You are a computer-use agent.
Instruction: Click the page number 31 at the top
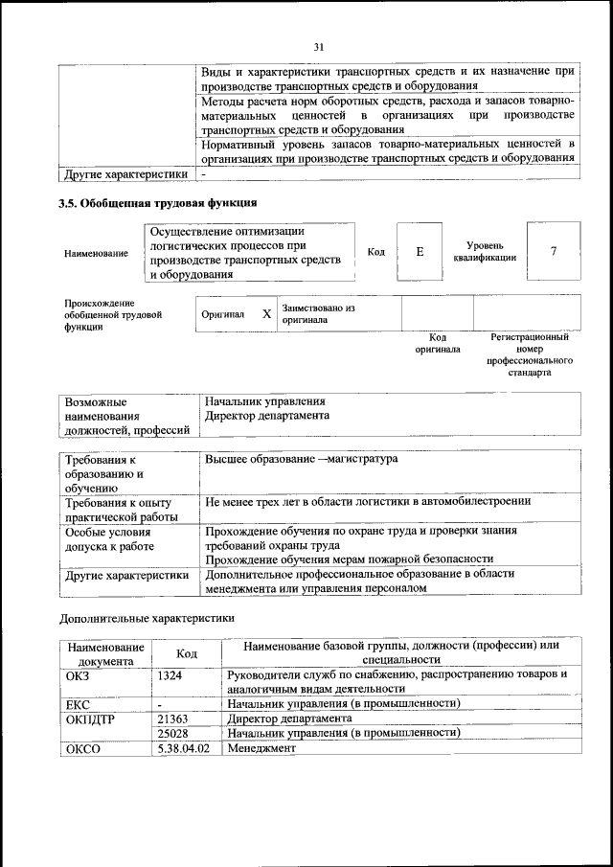click(319, 45)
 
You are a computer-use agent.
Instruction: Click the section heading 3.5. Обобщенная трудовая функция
click(158, 202)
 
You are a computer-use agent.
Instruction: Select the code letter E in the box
click(420, 252)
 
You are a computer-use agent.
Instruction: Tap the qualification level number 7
click(553, 251)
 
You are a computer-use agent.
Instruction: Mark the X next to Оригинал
click(266, 314)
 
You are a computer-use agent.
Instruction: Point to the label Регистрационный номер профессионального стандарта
click(530, 354)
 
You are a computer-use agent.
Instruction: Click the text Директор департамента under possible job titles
click(267, 417)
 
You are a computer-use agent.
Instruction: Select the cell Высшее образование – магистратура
click(301, 460)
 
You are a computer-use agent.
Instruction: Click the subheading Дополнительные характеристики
click(147, 619)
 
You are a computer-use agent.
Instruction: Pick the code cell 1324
click(170, 675)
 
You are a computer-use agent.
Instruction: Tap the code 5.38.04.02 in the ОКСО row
click(184, 748)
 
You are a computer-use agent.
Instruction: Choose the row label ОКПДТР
click(90, 718)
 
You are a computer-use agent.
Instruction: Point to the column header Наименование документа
click(105, 654)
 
